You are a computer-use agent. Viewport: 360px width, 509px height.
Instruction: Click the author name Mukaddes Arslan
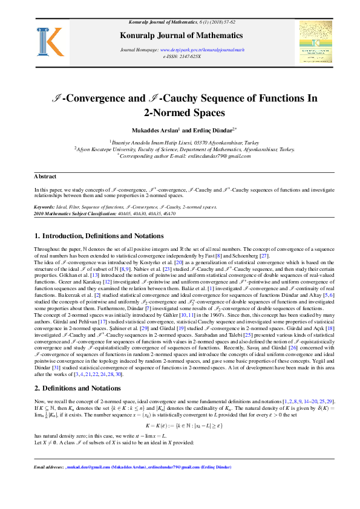pos(154,130)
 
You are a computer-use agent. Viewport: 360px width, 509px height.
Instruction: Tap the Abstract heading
pos(45,177)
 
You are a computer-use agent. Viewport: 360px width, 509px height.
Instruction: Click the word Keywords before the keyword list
pos(45,206)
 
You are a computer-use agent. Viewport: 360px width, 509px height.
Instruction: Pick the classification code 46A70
pos(176,213)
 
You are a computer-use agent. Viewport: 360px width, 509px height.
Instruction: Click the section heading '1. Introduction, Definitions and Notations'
pos(99,235)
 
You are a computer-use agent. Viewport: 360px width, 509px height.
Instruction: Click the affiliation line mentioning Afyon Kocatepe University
pos(185,149)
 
